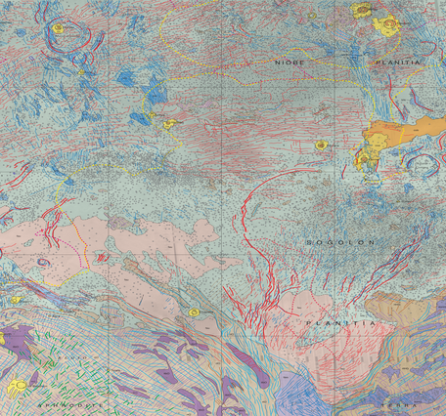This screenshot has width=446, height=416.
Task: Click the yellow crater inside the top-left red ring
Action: (x=61, y=28)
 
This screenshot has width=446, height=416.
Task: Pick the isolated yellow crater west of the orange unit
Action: (x=321, y=146)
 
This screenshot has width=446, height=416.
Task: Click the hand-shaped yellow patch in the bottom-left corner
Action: (x=17, y=388)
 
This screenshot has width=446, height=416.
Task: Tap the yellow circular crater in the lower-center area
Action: (x=195, y=312)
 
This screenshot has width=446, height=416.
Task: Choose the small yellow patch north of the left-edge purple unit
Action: (x=17, y=300)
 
